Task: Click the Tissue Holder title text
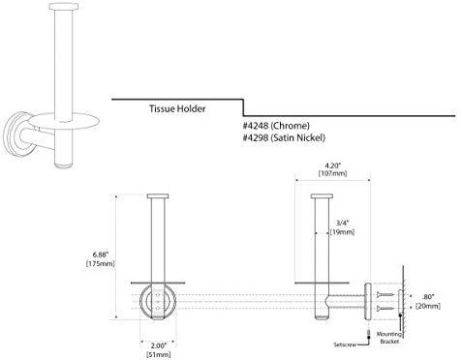pos(177,108)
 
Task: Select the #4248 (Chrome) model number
pos(276,126)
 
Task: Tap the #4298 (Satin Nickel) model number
pos(284,137)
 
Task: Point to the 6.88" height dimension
pos(100,255)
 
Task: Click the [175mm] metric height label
pos(100,263)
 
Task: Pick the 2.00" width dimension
pos(159,345)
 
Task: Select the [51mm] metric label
pos(159,354)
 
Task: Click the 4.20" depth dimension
pos(333,165)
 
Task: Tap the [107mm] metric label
pos(333,173)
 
